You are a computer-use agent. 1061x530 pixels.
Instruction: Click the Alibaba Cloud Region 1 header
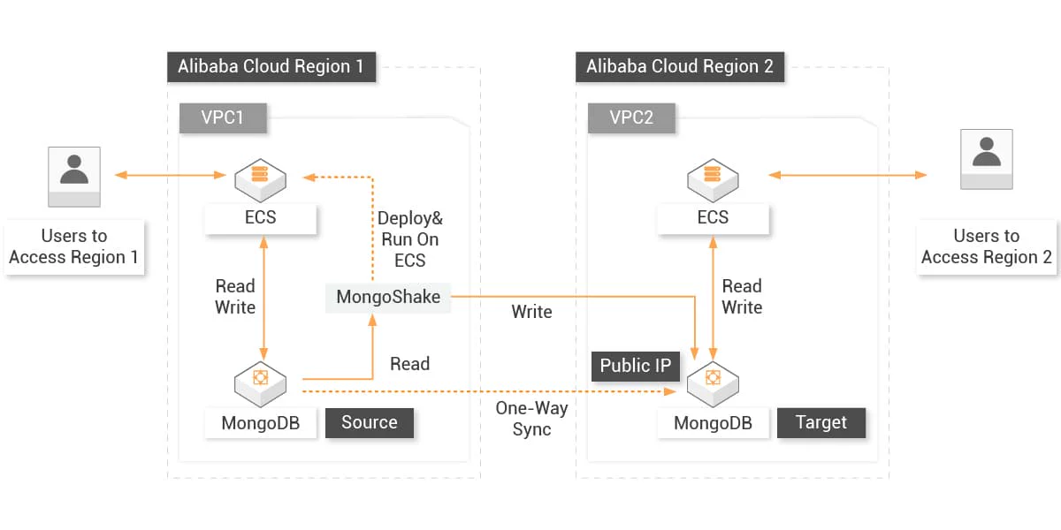click(271, 67)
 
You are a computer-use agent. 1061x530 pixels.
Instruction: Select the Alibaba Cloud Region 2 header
click(679, 67)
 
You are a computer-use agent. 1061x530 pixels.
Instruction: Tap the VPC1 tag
click(223, 117)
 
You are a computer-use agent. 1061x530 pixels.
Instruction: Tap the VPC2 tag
click(631, 117)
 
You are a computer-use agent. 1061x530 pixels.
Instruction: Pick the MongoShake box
click(388, 297)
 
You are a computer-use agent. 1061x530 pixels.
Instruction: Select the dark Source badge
click(370, 422)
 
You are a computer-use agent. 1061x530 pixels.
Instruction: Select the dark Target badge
click(821, 422)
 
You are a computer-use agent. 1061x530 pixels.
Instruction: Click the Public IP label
click(636, 366)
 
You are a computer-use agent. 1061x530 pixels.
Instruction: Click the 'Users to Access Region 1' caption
click(74, 247)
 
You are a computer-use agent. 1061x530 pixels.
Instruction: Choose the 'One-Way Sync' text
click(531, 419)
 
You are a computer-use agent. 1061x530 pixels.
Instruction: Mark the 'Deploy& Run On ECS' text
click(409, 239)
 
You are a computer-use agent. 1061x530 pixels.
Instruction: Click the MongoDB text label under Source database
click(260, 423)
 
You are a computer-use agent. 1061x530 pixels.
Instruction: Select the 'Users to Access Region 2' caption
click(987, 247)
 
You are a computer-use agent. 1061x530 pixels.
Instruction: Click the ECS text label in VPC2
click(713, 217)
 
